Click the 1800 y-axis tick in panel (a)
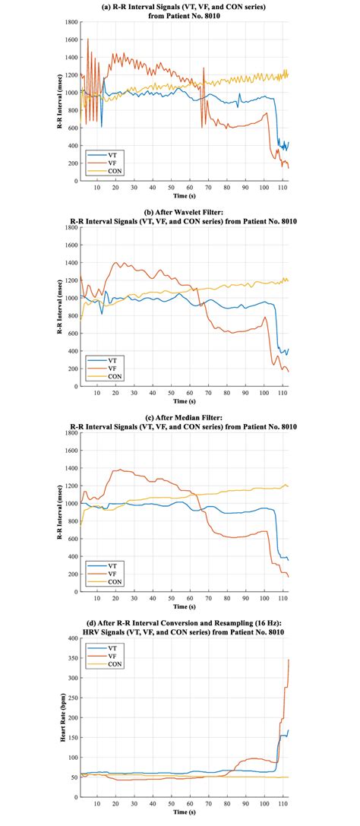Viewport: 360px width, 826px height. point(69,21)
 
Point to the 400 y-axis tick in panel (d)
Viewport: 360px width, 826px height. point(71,638)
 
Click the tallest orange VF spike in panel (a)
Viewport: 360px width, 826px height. point(88,39)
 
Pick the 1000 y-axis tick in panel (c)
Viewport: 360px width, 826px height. point(69,503)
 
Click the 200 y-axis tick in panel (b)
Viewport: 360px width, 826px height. point(71,369)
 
